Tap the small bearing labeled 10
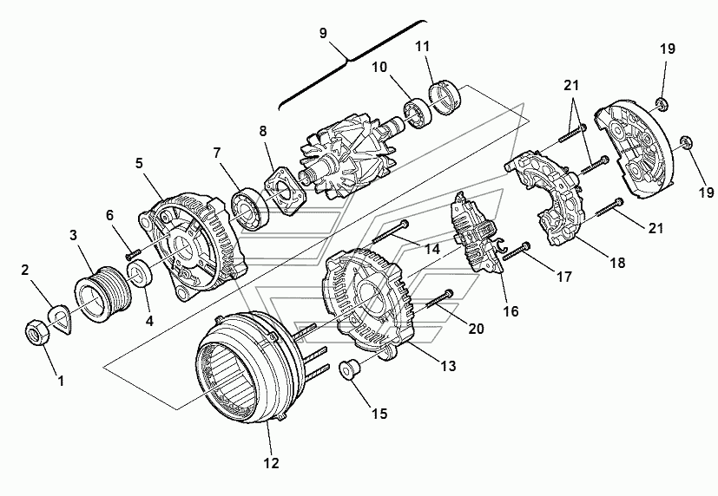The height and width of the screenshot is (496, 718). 418,113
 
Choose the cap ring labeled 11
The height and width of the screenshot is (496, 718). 445,98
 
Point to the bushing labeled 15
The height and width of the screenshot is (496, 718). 349,369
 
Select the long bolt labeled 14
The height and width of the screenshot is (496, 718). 390,232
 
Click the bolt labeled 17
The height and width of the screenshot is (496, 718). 517,251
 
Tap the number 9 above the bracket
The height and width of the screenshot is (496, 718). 323,34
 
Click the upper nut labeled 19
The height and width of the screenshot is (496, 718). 662,103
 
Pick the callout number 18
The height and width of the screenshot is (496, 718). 617,263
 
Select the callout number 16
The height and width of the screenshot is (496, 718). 511,310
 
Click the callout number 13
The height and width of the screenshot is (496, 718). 448,366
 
